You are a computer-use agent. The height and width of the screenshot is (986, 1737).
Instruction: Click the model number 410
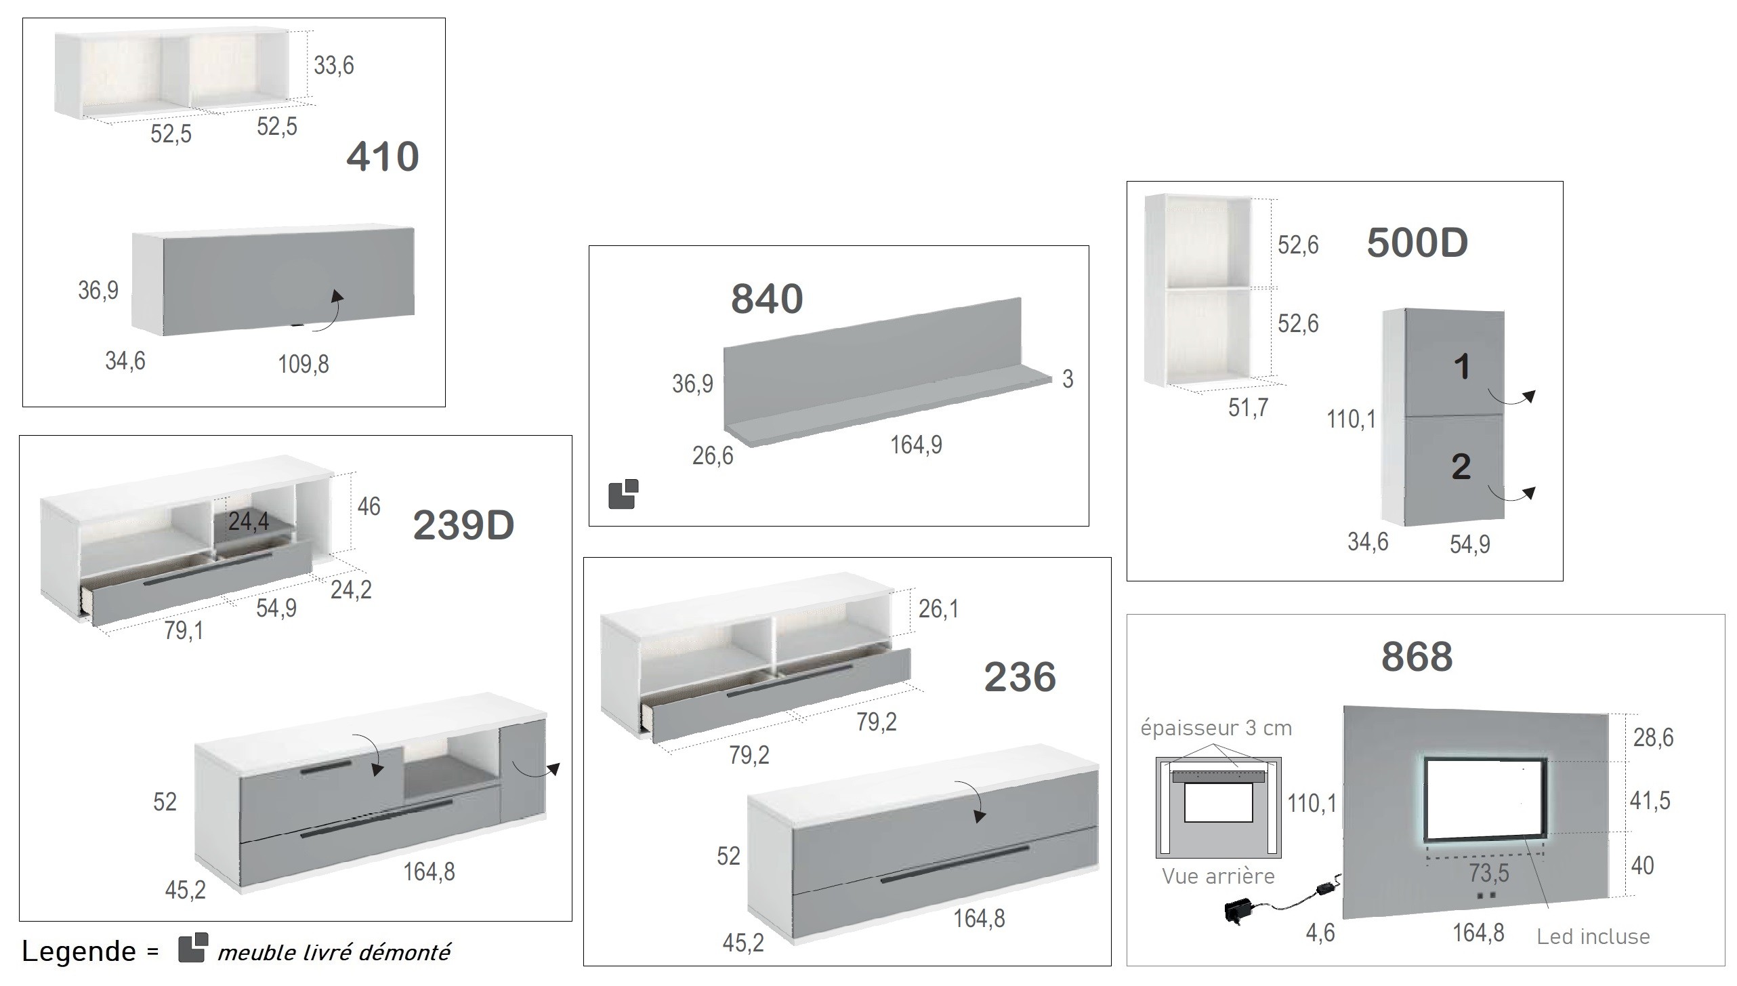[383, 157]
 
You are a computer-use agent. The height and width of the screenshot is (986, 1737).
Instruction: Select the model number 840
[767, 298]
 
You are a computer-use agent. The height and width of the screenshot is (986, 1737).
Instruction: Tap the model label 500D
[1417, 242]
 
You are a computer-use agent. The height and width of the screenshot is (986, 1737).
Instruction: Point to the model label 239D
[463, 525]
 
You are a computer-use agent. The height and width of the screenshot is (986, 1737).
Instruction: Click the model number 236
[1020, 676]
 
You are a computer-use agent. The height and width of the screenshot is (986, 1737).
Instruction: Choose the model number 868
[1417, 656]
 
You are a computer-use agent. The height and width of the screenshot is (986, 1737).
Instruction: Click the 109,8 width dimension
[304, 365]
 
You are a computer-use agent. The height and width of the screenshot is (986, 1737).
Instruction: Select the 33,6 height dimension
[334, 65]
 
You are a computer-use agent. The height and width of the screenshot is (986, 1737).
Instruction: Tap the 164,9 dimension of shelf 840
[916, 445]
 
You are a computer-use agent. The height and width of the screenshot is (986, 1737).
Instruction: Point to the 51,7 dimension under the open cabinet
[1248, 408]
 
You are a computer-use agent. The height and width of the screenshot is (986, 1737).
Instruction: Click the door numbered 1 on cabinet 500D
[1455, 363]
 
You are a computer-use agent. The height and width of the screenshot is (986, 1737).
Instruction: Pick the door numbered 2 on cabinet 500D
[1455, 470]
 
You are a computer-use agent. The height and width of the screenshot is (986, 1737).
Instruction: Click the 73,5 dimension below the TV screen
[1489, 873]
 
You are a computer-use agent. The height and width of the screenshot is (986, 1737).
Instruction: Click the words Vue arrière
[1218, 876]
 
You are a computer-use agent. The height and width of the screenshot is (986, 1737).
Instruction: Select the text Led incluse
[1593, 937]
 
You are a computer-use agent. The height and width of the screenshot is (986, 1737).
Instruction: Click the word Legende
[79, 951]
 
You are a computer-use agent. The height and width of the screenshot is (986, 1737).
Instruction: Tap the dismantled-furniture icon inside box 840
[623, 494]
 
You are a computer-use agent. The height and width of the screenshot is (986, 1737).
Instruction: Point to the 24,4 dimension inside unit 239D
[249, 521]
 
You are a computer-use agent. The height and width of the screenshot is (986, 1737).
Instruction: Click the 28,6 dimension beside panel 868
[1653, 737]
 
